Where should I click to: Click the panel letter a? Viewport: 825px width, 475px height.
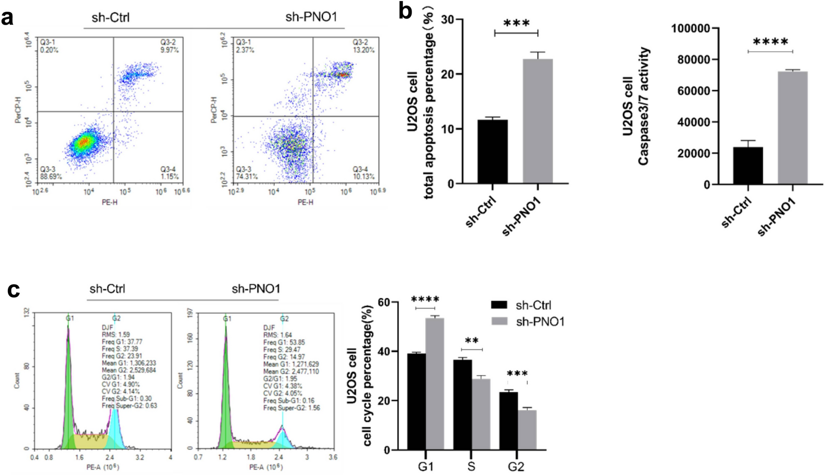[x=7, y=19]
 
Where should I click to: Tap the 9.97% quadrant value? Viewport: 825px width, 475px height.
[x=169, y=50]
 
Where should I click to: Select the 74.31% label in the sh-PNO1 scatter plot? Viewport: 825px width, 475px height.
[x=246, y=177]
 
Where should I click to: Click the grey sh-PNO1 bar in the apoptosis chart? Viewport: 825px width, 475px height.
[x=538, y=121]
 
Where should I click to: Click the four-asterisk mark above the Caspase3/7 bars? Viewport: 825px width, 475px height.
[x=770, y=42]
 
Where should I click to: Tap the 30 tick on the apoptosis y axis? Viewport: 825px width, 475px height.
[x=447, y=20]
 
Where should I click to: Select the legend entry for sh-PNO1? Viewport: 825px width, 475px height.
[x=540, y=321]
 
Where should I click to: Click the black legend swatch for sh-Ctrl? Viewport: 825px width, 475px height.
[x=499, y=305]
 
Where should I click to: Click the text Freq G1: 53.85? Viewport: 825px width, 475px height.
[x=284, y=342]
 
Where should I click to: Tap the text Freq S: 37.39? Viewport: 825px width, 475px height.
[x=120, y=349]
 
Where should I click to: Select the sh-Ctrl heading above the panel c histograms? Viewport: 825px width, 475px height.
[x=107, y=289]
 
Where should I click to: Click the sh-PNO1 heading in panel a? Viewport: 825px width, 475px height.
[x=311, y=17]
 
